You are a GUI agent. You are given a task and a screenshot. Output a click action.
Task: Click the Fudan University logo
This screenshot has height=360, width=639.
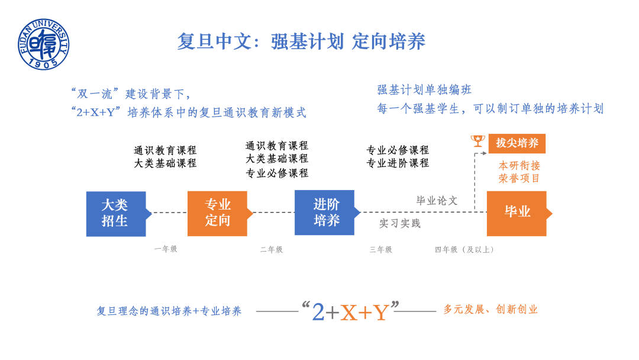43,44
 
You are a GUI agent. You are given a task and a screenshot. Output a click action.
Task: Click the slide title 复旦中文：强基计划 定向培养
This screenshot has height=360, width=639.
301,41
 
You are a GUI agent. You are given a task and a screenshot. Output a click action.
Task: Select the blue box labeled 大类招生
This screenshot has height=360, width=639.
116,213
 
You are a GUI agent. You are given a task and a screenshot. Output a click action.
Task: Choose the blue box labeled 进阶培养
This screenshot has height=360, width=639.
325,213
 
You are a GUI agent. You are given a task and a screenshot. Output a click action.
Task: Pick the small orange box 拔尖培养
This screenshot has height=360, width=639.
517,143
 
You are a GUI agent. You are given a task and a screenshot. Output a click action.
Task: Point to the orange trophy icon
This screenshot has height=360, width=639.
477,141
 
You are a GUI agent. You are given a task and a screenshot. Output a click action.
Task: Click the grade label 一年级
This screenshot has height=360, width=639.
166,249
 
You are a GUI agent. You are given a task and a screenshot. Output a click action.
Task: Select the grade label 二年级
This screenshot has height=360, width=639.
272,249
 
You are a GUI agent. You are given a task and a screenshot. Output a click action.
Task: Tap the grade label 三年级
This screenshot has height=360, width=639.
381,249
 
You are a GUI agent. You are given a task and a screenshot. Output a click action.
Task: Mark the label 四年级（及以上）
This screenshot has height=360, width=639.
465,249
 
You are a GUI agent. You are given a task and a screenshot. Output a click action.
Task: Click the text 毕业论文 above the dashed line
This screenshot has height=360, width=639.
437,201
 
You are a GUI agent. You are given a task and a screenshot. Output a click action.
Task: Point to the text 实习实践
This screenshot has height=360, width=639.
400,223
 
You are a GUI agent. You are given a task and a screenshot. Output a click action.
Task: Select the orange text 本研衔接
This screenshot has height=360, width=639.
519,165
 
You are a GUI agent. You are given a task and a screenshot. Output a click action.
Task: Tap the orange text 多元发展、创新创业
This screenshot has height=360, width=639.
490,309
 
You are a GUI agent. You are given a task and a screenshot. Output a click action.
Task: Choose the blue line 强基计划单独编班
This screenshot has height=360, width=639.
425,90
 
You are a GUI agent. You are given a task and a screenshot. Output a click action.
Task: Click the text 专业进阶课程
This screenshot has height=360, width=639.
398,163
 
